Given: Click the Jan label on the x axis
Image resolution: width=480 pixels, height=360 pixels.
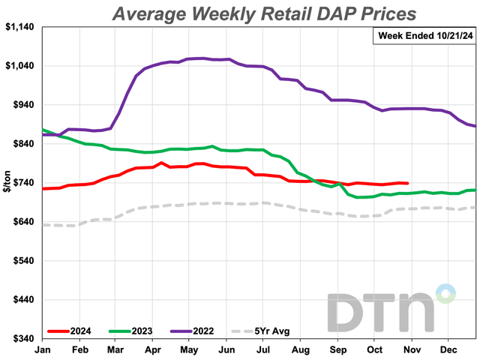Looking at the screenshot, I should click(x=43, y=349).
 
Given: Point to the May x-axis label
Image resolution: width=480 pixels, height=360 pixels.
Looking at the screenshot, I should click(x=190, y=349).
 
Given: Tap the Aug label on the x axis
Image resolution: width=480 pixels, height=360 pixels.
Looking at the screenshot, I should click(x=301, y=349).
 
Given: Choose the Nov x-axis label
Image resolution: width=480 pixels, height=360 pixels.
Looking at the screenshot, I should click(x=412, y=349).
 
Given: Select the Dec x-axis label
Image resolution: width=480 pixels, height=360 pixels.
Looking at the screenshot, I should click(x=448, y=349).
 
